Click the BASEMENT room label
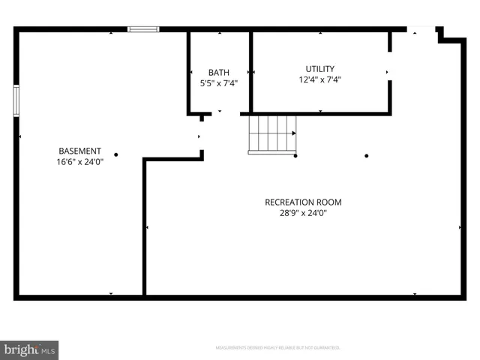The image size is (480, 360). (79, 151)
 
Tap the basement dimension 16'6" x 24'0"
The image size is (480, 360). (79, 161)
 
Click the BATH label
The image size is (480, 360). (219, 73)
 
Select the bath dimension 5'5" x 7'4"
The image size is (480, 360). (219, 83)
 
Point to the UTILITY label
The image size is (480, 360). (319, 69)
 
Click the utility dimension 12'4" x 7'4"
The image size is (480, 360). (319, 79)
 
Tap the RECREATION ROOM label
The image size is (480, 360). (303, 202)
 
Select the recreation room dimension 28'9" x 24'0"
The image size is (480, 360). (303, 213)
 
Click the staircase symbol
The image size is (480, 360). (272, 135)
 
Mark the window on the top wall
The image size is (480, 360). (143, 29)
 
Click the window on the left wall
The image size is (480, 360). (16, 100)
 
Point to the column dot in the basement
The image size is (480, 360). (116, 155)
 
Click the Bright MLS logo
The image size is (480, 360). (29, 350)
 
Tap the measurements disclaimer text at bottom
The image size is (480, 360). (278, 348)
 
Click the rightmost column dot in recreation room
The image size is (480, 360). (367, 156)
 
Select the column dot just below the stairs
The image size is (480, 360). (295, 156)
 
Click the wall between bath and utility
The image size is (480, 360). (250, 71)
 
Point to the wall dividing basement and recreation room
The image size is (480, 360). (144, 225)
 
